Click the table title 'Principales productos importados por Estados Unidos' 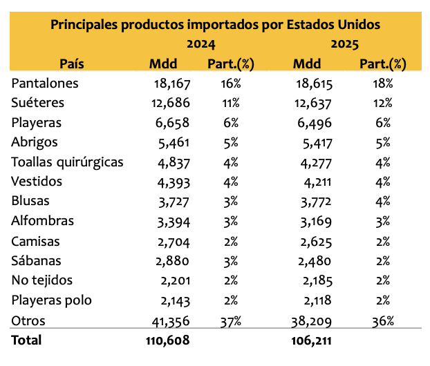tap(215, 25)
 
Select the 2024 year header tap(201, 44)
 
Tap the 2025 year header tap(345, 44)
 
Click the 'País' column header tap(72, 64)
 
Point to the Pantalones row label tap(45, 84)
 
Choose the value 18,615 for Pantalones tap(315, 84)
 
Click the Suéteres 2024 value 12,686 tap(171, 103)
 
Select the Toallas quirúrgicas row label tap(67, 162)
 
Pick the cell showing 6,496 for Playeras tap(315, 124)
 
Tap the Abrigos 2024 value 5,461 tap(174, 143)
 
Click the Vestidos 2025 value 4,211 tap(317, 182)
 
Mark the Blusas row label tap(30, 201)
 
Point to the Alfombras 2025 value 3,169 tap(316, 222)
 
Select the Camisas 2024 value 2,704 tap(174, 242)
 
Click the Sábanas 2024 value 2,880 tap(173, 261)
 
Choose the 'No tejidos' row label tap(42, 280)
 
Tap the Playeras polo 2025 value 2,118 tap(317, 301)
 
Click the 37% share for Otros tap(231, 321)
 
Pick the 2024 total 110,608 tap(167, 340)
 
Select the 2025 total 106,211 tap(311, 340)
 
